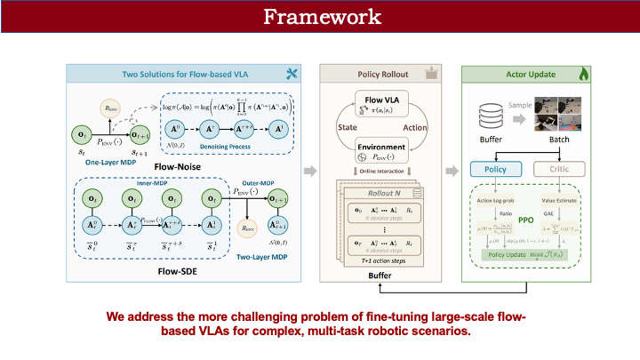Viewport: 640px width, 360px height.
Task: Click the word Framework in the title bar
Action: (320, 17)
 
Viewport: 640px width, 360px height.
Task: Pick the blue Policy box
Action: (494, 169)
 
